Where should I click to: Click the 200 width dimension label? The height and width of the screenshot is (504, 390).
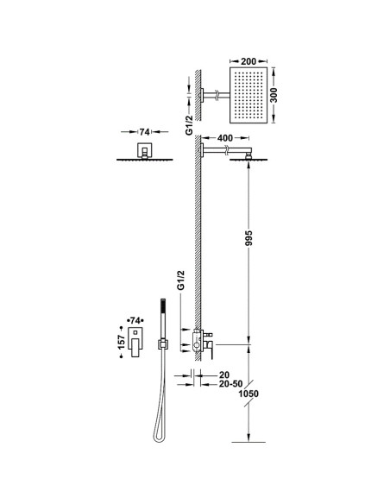[248, 61]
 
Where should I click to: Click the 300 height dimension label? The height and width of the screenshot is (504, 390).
[274, 95]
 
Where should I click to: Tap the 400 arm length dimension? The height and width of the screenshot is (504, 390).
[225, 138]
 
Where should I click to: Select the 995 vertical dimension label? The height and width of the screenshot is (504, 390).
[248, 238]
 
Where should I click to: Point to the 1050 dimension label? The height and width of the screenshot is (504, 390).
[248, 394]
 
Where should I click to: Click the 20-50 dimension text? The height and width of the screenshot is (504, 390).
[230, 384]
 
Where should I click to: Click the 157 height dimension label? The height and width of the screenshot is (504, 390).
[121, 342]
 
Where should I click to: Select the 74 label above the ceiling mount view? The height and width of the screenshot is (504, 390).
[144, 132]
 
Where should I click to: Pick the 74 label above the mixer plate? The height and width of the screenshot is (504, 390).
[135, 320]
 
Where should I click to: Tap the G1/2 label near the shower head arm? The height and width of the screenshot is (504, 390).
[189, 125]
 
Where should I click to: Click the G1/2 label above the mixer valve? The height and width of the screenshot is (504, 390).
[181, 280]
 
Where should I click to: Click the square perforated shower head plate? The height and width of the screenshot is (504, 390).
[248, 95]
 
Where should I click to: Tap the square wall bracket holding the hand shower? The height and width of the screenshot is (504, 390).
[163, 344]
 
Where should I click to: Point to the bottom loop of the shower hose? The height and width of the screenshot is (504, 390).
[158, 438]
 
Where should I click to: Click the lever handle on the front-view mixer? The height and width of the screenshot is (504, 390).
[135, 348]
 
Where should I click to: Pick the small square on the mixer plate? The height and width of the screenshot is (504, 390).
[135, 332]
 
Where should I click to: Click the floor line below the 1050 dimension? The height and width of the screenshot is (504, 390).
[248, 442]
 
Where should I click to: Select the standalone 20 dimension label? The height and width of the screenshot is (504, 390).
[224, 375]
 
